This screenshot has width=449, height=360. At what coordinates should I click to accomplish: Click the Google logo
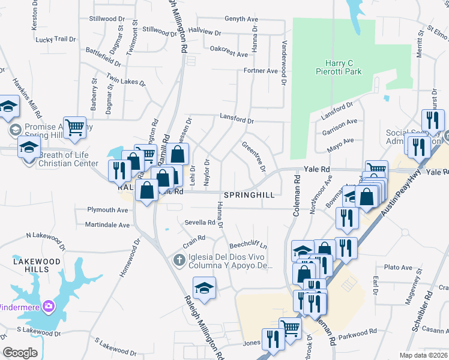(x=20, y=353)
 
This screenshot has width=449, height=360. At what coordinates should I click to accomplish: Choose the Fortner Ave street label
(x=261, y=71)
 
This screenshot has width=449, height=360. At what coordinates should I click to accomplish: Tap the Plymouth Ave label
(x=108, y=210)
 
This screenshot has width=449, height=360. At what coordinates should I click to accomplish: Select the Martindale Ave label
(x=107, y=225)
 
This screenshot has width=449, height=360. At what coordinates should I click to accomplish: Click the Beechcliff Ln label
(x=249, y=246)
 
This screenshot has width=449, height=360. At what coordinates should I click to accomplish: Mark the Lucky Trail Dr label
(x=56, y=40)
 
